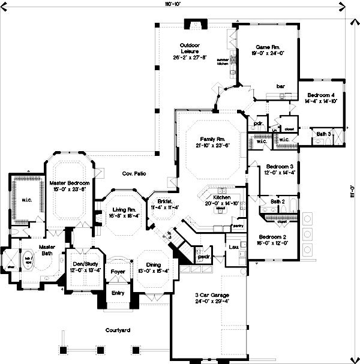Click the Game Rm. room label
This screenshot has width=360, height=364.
coord(265,46)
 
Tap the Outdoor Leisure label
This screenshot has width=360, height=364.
coord(190,49)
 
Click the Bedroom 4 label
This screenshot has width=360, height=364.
coord(320,95)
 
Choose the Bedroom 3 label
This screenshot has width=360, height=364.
coord(280,166)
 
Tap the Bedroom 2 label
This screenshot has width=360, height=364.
coord(272,237)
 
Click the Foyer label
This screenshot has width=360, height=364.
coord(118,272)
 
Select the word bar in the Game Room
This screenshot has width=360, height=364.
coord(280,86)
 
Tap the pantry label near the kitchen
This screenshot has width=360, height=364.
coord(236,227)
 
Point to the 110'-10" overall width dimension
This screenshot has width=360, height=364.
coord(173,4)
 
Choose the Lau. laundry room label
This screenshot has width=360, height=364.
coord(234,245)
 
